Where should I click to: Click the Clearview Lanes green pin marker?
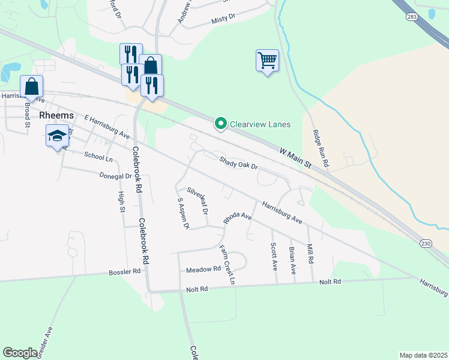pos(220,124)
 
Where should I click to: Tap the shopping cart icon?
pos(267,60)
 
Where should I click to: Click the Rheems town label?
pos(56,115)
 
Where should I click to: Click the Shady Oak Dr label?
pos(238,162)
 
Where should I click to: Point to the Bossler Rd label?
pos(124,271)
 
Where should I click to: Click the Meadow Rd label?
pos(203,269)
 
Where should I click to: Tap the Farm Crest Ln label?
pos(226,264)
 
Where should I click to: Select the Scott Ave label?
pos(274,254)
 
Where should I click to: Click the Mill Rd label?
pos(310,253)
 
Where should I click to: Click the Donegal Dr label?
pos(115,176)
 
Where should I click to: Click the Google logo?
pos(20,353)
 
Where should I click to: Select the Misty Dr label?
pos(223,20)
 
